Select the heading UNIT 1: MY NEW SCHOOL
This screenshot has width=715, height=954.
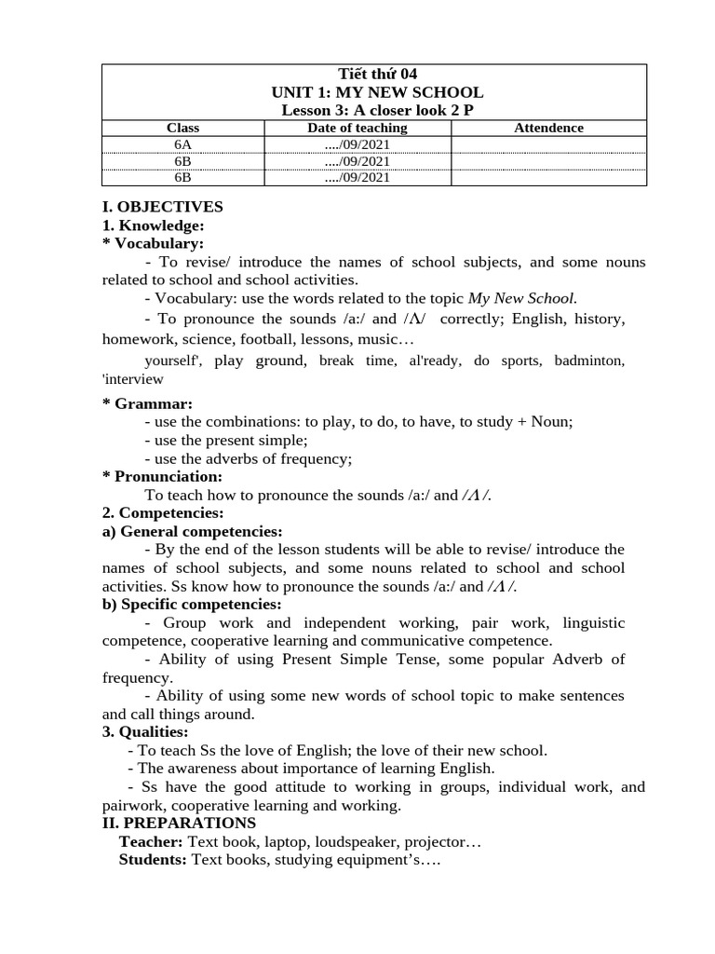tap(377, 92)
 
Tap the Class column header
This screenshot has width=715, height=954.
tap(182, 129)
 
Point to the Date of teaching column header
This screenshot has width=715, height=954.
tap(357, 129)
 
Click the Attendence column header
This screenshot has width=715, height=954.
tap(548, 129)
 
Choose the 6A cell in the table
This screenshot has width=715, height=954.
tap(182, 145)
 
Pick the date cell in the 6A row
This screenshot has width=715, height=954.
tap(357, 145)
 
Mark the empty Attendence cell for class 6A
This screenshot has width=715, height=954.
tap(548, 145)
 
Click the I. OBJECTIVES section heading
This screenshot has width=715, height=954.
tap(162, 207)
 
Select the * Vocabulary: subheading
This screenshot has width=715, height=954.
tap(153, 243)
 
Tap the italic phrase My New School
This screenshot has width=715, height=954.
tap(521, 298)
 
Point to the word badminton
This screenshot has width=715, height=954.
tap(589, 361)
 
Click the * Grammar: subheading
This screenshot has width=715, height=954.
tap(147, 403)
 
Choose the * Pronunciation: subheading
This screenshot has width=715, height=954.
tap(162, 476)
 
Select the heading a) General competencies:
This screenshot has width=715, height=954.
tap(192, 531)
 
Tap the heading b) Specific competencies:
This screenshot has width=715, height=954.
tap(191, 604)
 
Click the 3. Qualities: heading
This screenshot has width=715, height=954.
tap(144, 732)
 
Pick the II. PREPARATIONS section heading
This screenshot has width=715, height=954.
tap(178, 823)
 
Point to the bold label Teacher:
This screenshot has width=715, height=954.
tap(152, 841)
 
